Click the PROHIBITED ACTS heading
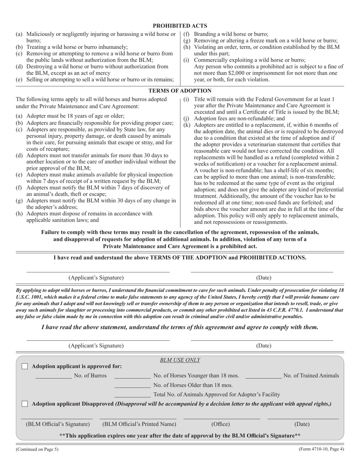tap(180, 26)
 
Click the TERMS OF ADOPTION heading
tap(180, 91)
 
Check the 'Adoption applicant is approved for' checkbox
tap(25, 366)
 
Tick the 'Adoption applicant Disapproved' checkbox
tap(25, 404)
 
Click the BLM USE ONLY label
tap(180, 360)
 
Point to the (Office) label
tap(221, 424)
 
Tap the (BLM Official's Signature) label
tap(58, 424)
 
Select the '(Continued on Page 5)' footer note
tap(37, 449)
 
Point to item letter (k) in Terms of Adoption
tap(186, 125)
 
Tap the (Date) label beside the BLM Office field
tap(302, 424)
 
